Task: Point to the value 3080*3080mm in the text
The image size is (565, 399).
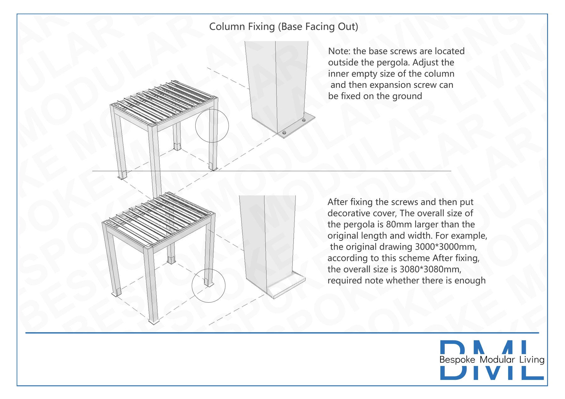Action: click(x=430, y=269)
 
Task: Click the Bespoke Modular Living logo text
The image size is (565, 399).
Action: click(x=492, y=359)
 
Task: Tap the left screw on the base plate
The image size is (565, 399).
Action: click(x=284, y=133)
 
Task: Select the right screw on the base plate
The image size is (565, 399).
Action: click(x=304, y=120)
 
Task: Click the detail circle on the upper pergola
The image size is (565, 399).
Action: click(x=212, y=109)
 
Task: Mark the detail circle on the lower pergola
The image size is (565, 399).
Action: click(x=208, y=269)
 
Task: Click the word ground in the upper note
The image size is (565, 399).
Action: click(x=407, y=96)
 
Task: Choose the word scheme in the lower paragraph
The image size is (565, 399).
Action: click(x=414, y=258)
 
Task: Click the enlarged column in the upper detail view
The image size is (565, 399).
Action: click(x=276, y=86)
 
